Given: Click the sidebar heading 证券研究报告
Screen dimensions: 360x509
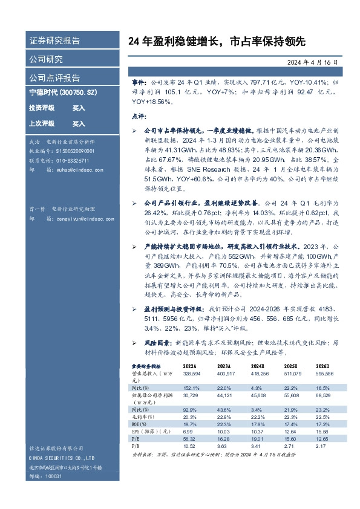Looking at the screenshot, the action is click(54, 41).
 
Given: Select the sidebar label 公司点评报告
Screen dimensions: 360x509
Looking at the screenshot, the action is click(54, 78).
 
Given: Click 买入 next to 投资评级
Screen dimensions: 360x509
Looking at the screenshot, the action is click(79, 108).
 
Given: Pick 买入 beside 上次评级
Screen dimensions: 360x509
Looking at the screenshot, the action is click(79, 123).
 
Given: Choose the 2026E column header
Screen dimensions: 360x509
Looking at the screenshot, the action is click(322, 366).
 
